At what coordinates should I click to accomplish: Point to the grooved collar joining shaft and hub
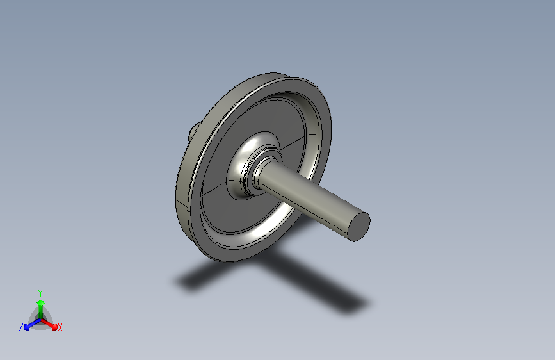[x=252, y=174]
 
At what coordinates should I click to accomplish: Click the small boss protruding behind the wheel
[x=193, y=132]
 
